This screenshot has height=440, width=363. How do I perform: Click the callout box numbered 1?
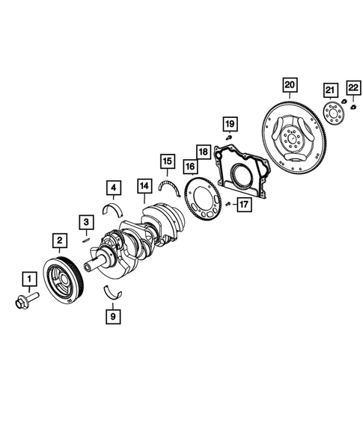(29, 281)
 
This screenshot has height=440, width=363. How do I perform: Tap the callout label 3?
(87, 222)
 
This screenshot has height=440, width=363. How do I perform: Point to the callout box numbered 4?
(112, 188)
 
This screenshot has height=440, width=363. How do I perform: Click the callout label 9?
(112, 316)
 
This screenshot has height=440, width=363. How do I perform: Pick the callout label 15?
(168, 161)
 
